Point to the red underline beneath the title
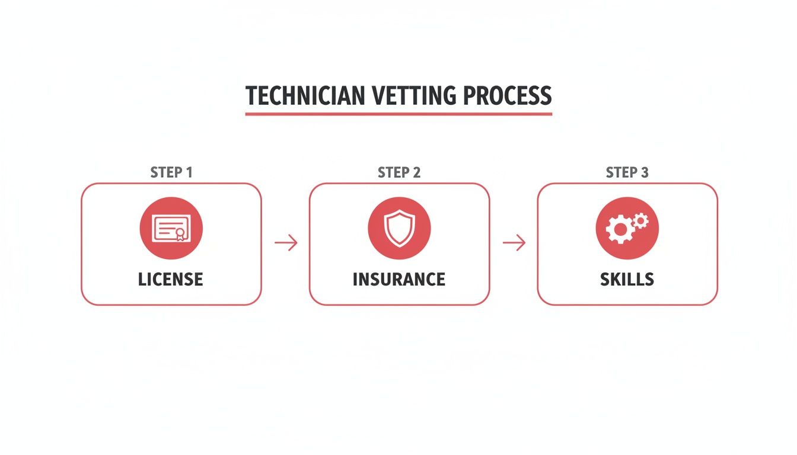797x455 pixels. pyautogui.click(x=398, y=113)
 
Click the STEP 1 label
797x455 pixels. pyautogui.click(x=171, y=172)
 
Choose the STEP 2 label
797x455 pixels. pyautogui.click(x=399, y=172)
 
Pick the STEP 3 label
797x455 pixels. pyautogui.click(x=627, y=172)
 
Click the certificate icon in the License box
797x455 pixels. pyautogui.click(x=171, y=228)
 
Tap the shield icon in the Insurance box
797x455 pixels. pyautogui.click(x=399, y=228)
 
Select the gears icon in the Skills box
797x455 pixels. pyautogui.click(x=627, y=228)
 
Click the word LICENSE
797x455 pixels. pyautogui.click(x=171, y=279)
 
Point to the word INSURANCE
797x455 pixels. pyautogui.click(x=399, y=279)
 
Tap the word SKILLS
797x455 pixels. pyautogui.click(x=627, y=279)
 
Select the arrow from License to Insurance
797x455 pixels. pyautogui.click(x=286, y=242)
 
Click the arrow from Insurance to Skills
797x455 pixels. pyautogui.click(x=514, y=242)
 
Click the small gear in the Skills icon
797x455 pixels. pyautogui.click(x=640, y=221)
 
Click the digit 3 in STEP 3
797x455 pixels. pyautogui.click(x=645, y=172)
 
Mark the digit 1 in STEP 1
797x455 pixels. pyautogui.click(x=189, y=172)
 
